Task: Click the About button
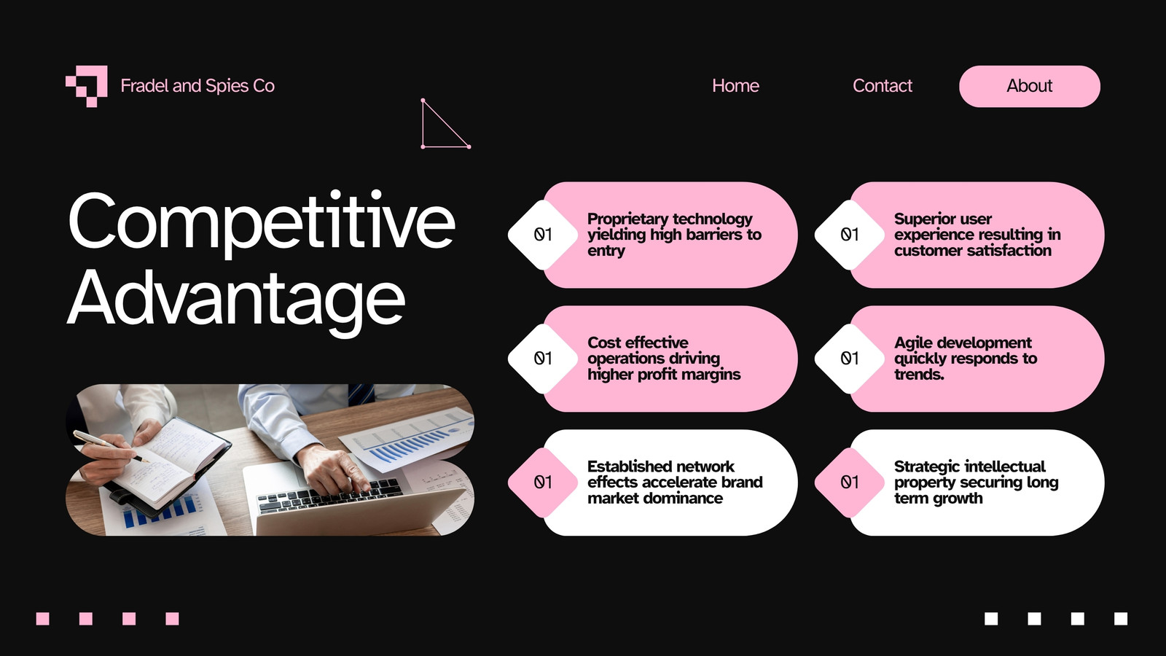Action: click(1030, 86)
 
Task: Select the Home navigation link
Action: click(735, 85)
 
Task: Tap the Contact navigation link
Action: click(883, 85)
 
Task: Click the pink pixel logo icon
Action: click(87, 86)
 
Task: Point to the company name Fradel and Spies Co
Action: click(197, 86)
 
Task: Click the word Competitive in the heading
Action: click(262, 223)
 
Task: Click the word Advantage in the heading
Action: click(236, 300)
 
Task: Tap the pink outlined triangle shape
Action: click(445, 123)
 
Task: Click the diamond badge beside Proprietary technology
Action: click(543, 235)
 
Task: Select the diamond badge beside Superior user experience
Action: click(850, 235)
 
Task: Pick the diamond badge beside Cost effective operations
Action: click(543, 359)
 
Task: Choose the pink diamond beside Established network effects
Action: click(543, 483)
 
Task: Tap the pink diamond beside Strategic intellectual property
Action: click(850, 483)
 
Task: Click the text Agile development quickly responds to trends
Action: click(966, 359)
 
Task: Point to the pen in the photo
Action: click(110, 446)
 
